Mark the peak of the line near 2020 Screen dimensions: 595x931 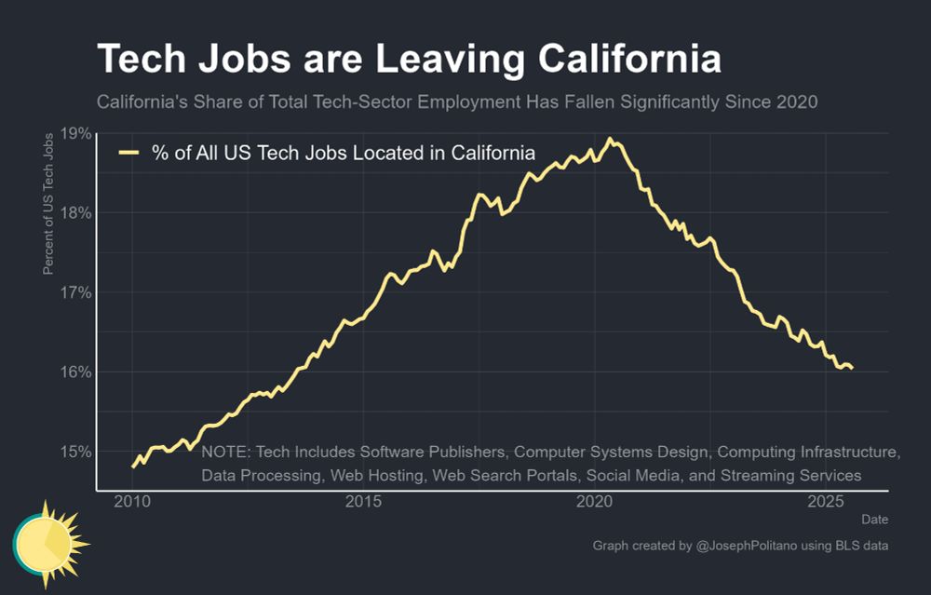tap(610, 140)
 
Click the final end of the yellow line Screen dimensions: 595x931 tap(852, 368)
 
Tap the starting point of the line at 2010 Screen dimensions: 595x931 tap(133, 466)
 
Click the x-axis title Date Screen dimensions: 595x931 tap(874, 519)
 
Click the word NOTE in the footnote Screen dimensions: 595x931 tap(225, 453)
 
